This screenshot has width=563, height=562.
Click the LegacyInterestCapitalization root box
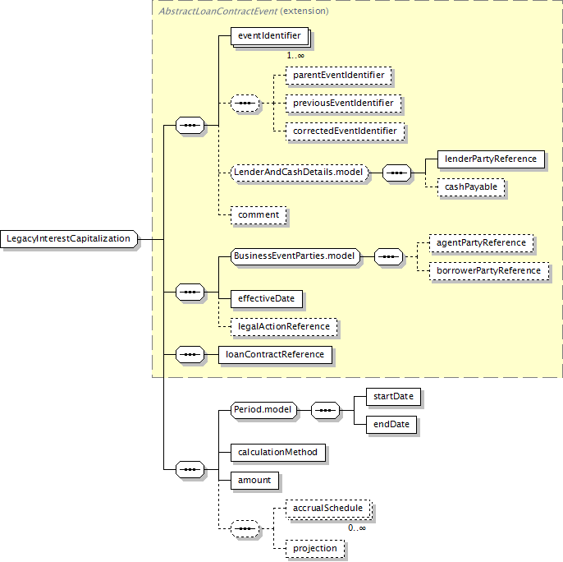click(69, 239)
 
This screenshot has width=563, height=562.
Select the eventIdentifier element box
click(269, 36)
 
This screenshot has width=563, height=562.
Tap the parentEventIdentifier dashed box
click(339, 76)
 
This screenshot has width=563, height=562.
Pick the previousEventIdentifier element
click(343, 104)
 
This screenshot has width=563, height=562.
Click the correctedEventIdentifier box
click(345, 131)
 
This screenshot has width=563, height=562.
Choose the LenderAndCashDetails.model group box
click(300, 173)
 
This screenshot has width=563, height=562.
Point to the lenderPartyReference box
click(491, 159)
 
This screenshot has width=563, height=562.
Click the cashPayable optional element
click(471, 187)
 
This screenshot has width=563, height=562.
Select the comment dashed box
click(259, 215)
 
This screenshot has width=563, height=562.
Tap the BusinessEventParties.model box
click(295, 256)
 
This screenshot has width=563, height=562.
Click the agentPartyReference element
click(481, 243)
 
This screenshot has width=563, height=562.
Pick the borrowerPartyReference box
click(489, 271)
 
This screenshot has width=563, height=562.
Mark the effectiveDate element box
click(267, 299)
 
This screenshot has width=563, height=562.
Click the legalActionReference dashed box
click(284, 327)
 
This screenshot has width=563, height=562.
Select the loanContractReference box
click(275, 355)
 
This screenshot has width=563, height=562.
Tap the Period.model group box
click(264, 410)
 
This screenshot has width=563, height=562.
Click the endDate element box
click(391, 425)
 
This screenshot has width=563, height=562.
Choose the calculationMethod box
click(278, 453)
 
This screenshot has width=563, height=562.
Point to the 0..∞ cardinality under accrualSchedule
click(357, 528)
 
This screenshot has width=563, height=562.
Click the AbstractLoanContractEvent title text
click(218, 12)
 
